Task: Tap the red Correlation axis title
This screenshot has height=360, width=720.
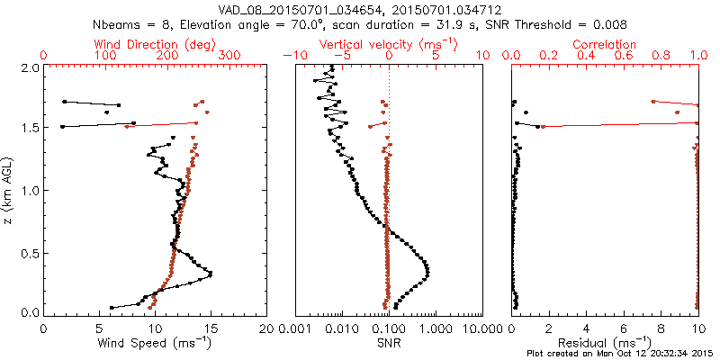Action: pos(605,43)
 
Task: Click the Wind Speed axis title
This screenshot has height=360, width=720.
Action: pos(154,342)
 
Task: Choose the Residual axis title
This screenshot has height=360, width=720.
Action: pos(604,342)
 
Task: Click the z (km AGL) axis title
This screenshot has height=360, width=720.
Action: pos(8,190)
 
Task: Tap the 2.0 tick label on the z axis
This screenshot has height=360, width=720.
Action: pos(30,67)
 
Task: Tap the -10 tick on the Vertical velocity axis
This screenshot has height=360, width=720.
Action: pos(290,56)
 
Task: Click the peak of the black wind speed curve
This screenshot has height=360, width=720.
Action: pos(211,274)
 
